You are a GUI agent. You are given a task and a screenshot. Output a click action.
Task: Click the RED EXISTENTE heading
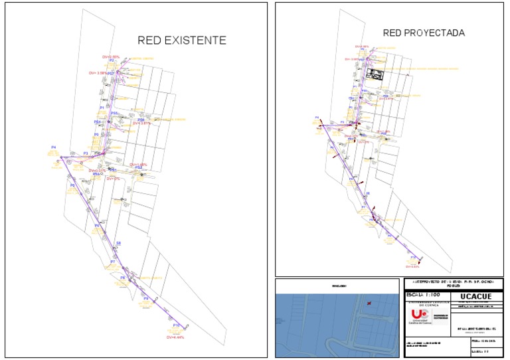point(181,41)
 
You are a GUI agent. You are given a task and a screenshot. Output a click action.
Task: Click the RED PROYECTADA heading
point(424,33)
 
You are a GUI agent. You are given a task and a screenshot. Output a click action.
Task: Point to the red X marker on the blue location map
point(369,303)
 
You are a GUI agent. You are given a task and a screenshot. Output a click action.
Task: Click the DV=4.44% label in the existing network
point(176,337)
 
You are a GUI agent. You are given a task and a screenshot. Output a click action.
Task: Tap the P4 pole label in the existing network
point(53,146)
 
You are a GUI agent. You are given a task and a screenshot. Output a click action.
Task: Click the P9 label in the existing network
point(145,299)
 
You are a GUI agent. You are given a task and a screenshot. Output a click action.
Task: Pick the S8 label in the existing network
point(118,244)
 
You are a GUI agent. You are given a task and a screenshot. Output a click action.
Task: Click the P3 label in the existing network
point(85,153)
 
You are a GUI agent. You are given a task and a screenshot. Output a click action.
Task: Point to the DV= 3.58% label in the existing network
point(100,72)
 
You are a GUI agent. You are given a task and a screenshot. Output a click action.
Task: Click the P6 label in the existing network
point(97,226)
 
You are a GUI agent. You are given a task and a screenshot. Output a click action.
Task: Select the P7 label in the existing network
point(113,262)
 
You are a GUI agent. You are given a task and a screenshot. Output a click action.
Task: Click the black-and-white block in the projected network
point(376,75)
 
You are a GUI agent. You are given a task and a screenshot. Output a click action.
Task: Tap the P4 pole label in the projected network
point(317,117)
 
